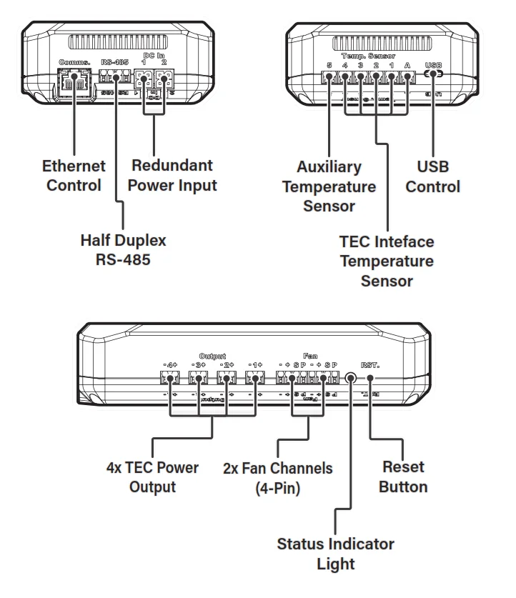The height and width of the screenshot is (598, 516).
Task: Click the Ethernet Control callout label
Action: click(74, 176)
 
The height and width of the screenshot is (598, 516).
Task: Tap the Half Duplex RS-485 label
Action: click(123, 249)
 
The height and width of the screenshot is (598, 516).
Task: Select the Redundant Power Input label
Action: click(174, 175)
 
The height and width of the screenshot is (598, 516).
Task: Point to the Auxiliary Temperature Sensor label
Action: click(329, 186)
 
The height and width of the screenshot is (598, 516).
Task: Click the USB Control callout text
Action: click(433, 176)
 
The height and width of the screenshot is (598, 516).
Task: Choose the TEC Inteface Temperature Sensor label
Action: click(387, 261)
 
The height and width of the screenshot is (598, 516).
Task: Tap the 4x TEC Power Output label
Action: click(152, 477)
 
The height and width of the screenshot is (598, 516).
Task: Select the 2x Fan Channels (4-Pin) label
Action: click(278, 478)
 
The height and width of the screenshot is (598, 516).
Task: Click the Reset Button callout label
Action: click(403, 477)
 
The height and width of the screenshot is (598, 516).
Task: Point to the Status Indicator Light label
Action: click(336, 553)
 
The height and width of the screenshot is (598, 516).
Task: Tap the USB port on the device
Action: click(433, 74)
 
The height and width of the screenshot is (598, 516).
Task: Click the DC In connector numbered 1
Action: click(145, 81)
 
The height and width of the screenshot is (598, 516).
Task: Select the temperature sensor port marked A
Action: click(407, 79)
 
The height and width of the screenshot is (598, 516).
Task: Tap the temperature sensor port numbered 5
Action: click(329, 79)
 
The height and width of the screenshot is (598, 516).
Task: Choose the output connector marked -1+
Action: click(254, 379)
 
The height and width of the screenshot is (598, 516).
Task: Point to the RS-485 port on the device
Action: click(114, 81)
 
